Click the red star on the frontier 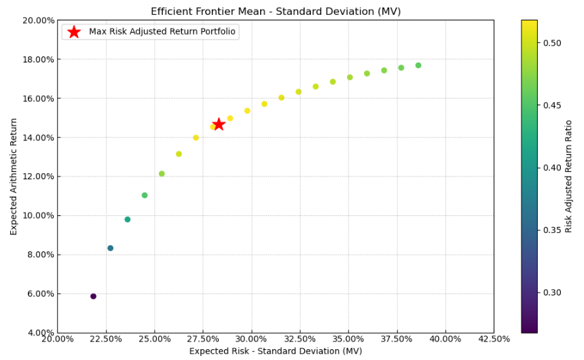pyautogui.click(x=219, y=124)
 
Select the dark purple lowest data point pyautogui.click(x=93, y=296)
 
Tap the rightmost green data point pyautogui.click(x=418, y=65)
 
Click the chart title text pyautogui.click(x=276, y=12)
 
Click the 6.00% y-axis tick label pyautogui.click(x=39, y=294)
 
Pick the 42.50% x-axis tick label pyautogui.click(x=494, y=339)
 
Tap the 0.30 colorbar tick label pyautogui.click(x=551, y=293)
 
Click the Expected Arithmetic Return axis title pyautogui.click(x=14, y=176)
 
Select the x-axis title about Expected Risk pyautogui.click(x=276, y=351)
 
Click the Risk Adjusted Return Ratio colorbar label pyautogui.click(x=569, y=176)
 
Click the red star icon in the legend pyautogui.click(x=74, y=32)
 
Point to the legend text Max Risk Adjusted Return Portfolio pyautogui.click(x=162, y=32)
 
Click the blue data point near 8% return pyautogui.click(x=110, y=248)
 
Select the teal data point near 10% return pyautogui.click(x=127, y=219)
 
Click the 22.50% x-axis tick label pyautogui.click(x=105, y=339)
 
